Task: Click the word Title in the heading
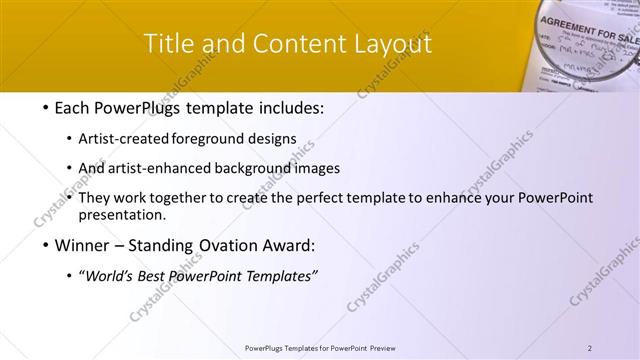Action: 169,45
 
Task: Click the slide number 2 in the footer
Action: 590,348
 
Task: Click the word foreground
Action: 212,138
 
